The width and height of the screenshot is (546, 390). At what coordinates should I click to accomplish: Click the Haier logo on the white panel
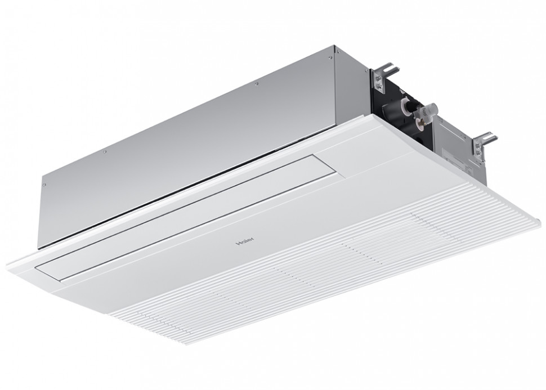(245, 241)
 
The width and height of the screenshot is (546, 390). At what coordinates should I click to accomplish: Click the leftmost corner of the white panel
(7, 267)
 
